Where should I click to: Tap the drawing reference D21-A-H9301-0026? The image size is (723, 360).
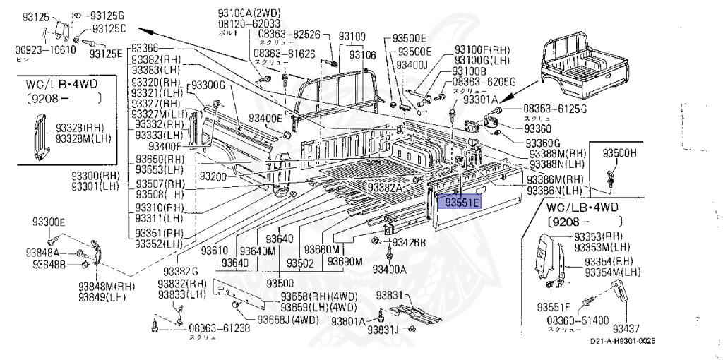623,342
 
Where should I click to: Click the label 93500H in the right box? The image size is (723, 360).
619,152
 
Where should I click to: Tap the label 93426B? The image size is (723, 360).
409,243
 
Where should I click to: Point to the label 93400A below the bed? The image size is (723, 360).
389,269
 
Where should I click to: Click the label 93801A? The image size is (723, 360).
346,321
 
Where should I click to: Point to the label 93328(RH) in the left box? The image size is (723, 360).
78,127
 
